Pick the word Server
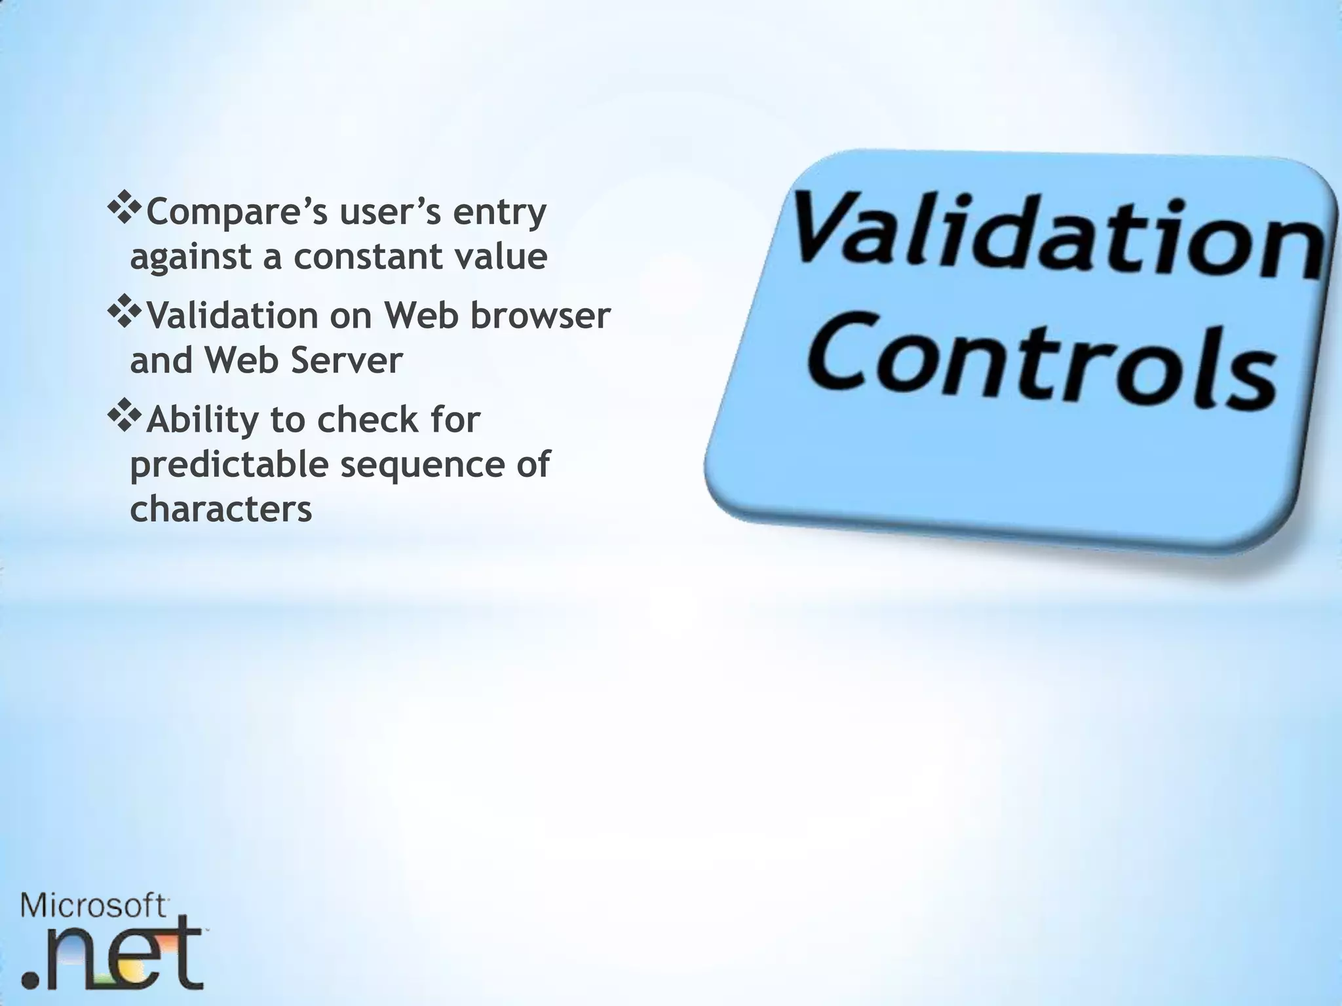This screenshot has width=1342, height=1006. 346,360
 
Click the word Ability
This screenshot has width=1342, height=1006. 202,420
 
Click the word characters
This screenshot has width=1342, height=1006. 221,509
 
